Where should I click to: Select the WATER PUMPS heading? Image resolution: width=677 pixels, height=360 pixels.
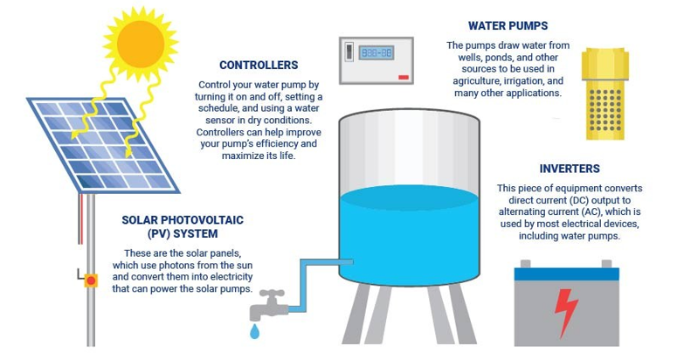click(508, 26)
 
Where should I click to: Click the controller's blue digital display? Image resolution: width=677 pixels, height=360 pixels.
click(376, 53)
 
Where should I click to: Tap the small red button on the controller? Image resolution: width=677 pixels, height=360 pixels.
click(403, 77)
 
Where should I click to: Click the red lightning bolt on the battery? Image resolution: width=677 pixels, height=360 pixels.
click(567, 313)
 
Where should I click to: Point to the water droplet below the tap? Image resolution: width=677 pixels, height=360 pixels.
click(254, 332)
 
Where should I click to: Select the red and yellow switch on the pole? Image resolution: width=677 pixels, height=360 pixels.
click(90, 280)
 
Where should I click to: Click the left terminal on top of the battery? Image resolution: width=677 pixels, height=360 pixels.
click(525, 262)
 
